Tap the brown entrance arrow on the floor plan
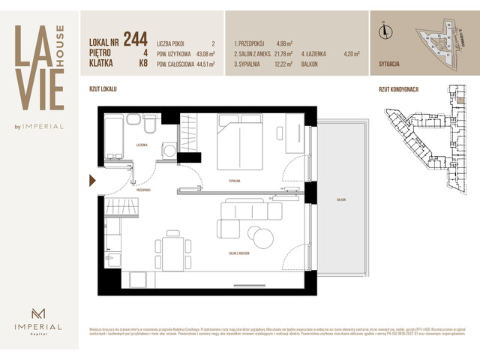(91, 180)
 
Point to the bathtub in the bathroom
(115, 136)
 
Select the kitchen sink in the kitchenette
(110, 259)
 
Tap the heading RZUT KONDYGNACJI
(398, 89)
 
